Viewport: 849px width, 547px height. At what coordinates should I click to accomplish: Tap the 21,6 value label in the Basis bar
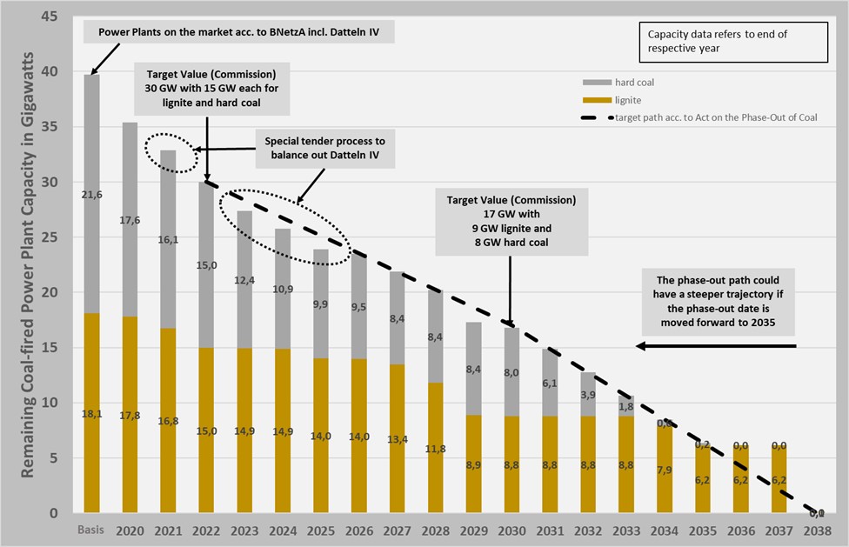pyautogui.click(x=91, y=195)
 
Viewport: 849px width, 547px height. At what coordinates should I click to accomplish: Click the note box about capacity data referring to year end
pyautogui.click(x=734, y=42)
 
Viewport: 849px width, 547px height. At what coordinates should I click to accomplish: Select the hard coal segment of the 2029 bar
pyautogui.click(x=473, y=369)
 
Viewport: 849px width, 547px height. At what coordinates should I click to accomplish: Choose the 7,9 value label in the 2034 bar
pyautogui.click(x=665, y=470)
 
